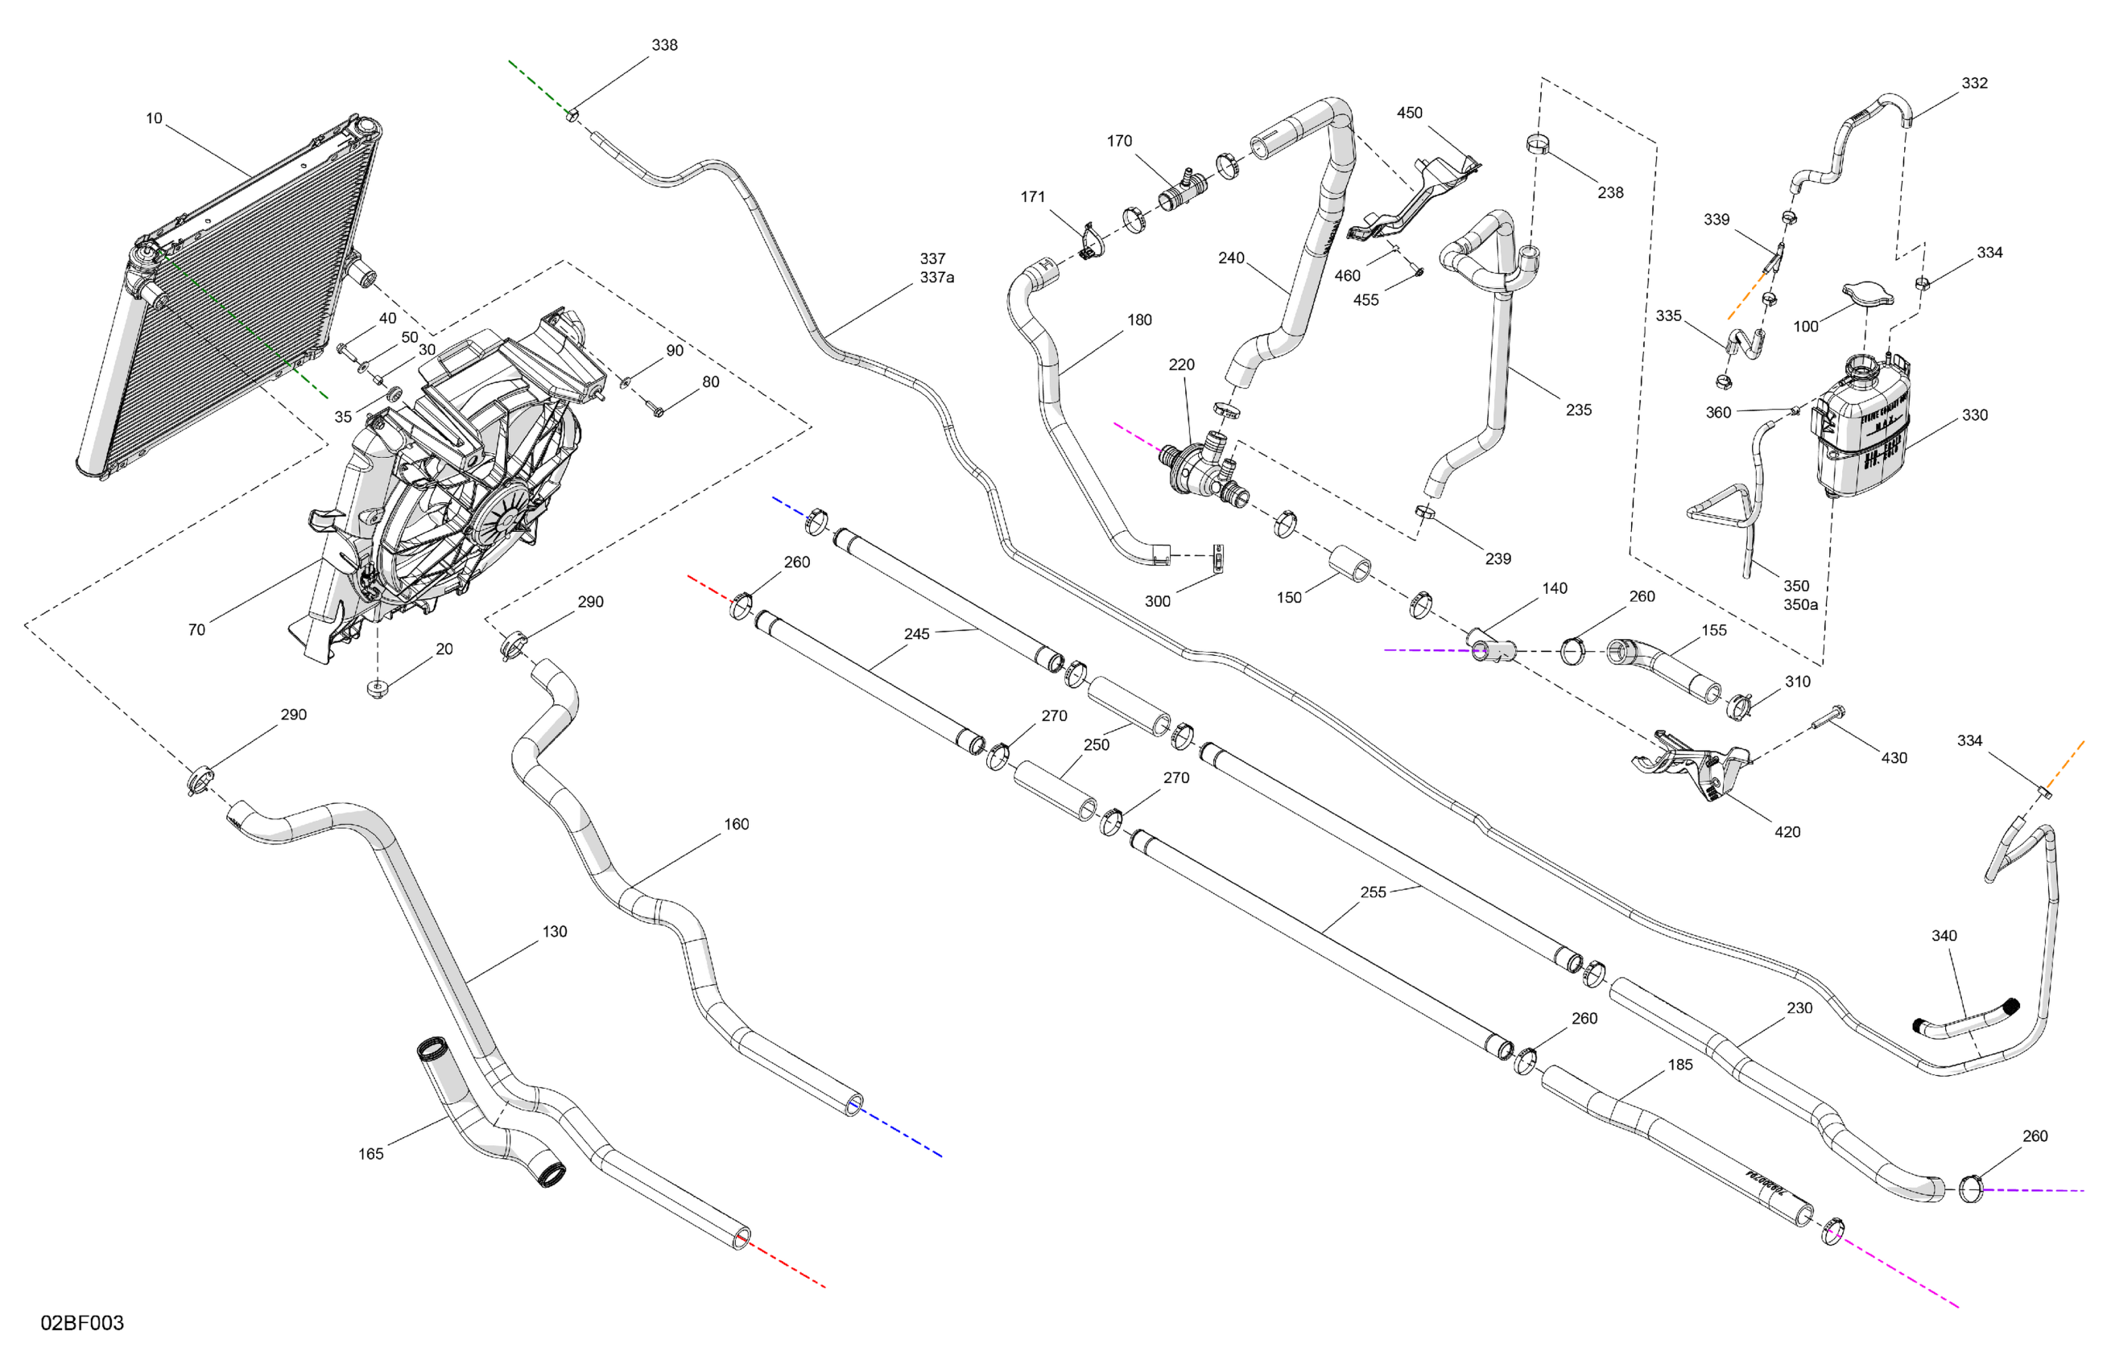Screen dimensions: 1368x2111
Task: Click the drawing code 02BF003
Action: pos(81,1323)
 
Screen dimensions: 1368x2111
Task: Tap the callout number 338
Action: pos(664,45)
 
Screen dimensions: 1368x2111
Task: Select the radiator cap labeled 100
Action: pos(1866,294)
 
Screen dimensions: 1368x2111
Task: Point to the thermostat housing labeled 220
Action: pos(1202,465)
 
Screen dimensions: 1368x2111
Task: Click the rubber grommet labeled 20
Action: pos(378,689)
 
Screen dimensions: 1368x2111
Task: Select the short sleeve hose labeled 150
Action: pos(1349,564)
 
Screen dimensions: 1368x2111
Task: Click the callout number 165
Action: pos(371,1153)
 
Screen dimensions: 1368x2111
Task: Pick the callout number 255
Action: pos(1372,892)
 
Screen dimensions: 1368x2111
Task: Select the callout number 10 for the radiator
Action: pos(154,118)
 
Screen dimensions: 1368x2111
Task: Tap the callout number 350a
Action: pos(1800,604)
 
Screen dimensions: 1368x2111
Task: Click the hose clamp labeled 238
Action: pos(1538,142)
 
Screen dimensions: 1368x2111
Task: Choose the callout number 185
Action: pos(1680,1064)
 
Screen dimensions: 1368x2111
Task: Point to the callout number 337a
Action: pos(936,278)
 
